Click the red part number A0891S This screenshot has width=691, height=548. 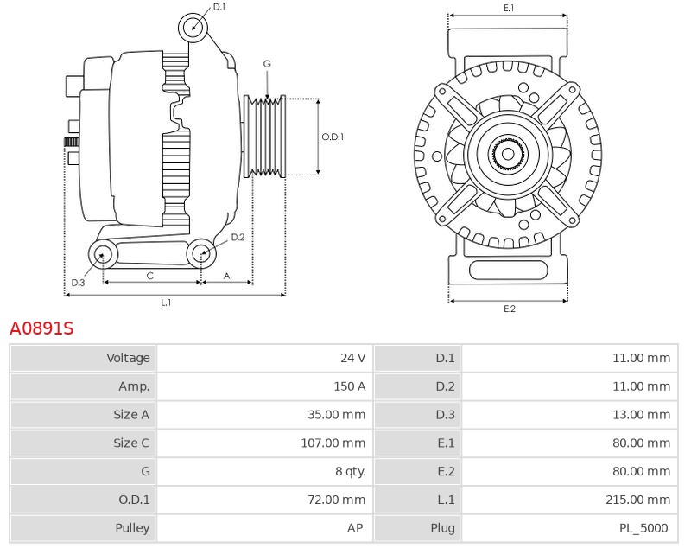(41, 328)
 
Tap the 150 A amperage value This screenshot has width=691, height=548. (350, 386)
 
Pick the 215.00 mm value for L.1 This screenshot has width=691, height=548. (637, 500)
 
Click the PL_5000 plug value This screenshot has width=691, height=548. (643, 528)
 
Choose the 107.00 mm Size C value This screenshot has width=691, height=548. (333, 443)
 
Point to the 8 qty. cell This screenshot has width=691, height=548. (351, 471)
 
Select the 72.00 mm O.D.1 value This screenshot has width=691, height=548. (337, 500)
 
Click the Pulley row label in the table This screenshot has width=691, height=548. (132, 528)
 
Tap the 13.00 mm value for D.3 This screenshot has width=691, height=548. (641, 414)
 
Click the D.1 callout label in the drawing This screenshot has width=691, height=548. (219, 7)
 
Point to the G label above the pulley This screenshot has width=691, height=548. (267, 64)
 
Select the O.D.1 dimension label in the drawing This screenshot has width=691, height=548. (333, 137)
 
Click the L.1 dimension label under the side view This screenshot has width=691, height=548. (166, 303)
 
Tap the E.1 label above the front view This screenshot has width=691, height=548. (509, 8)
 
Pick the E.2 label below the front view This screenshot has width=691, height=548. (510, 309)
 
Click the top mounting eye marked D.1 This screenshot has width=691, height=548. (193, 28)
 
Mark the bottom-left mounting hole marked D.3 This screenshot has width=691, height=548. (103, 254)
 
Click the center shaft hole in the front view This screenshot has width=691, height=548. (508, 154)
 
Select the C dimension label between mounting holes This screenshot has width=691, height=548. (149, 276)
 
